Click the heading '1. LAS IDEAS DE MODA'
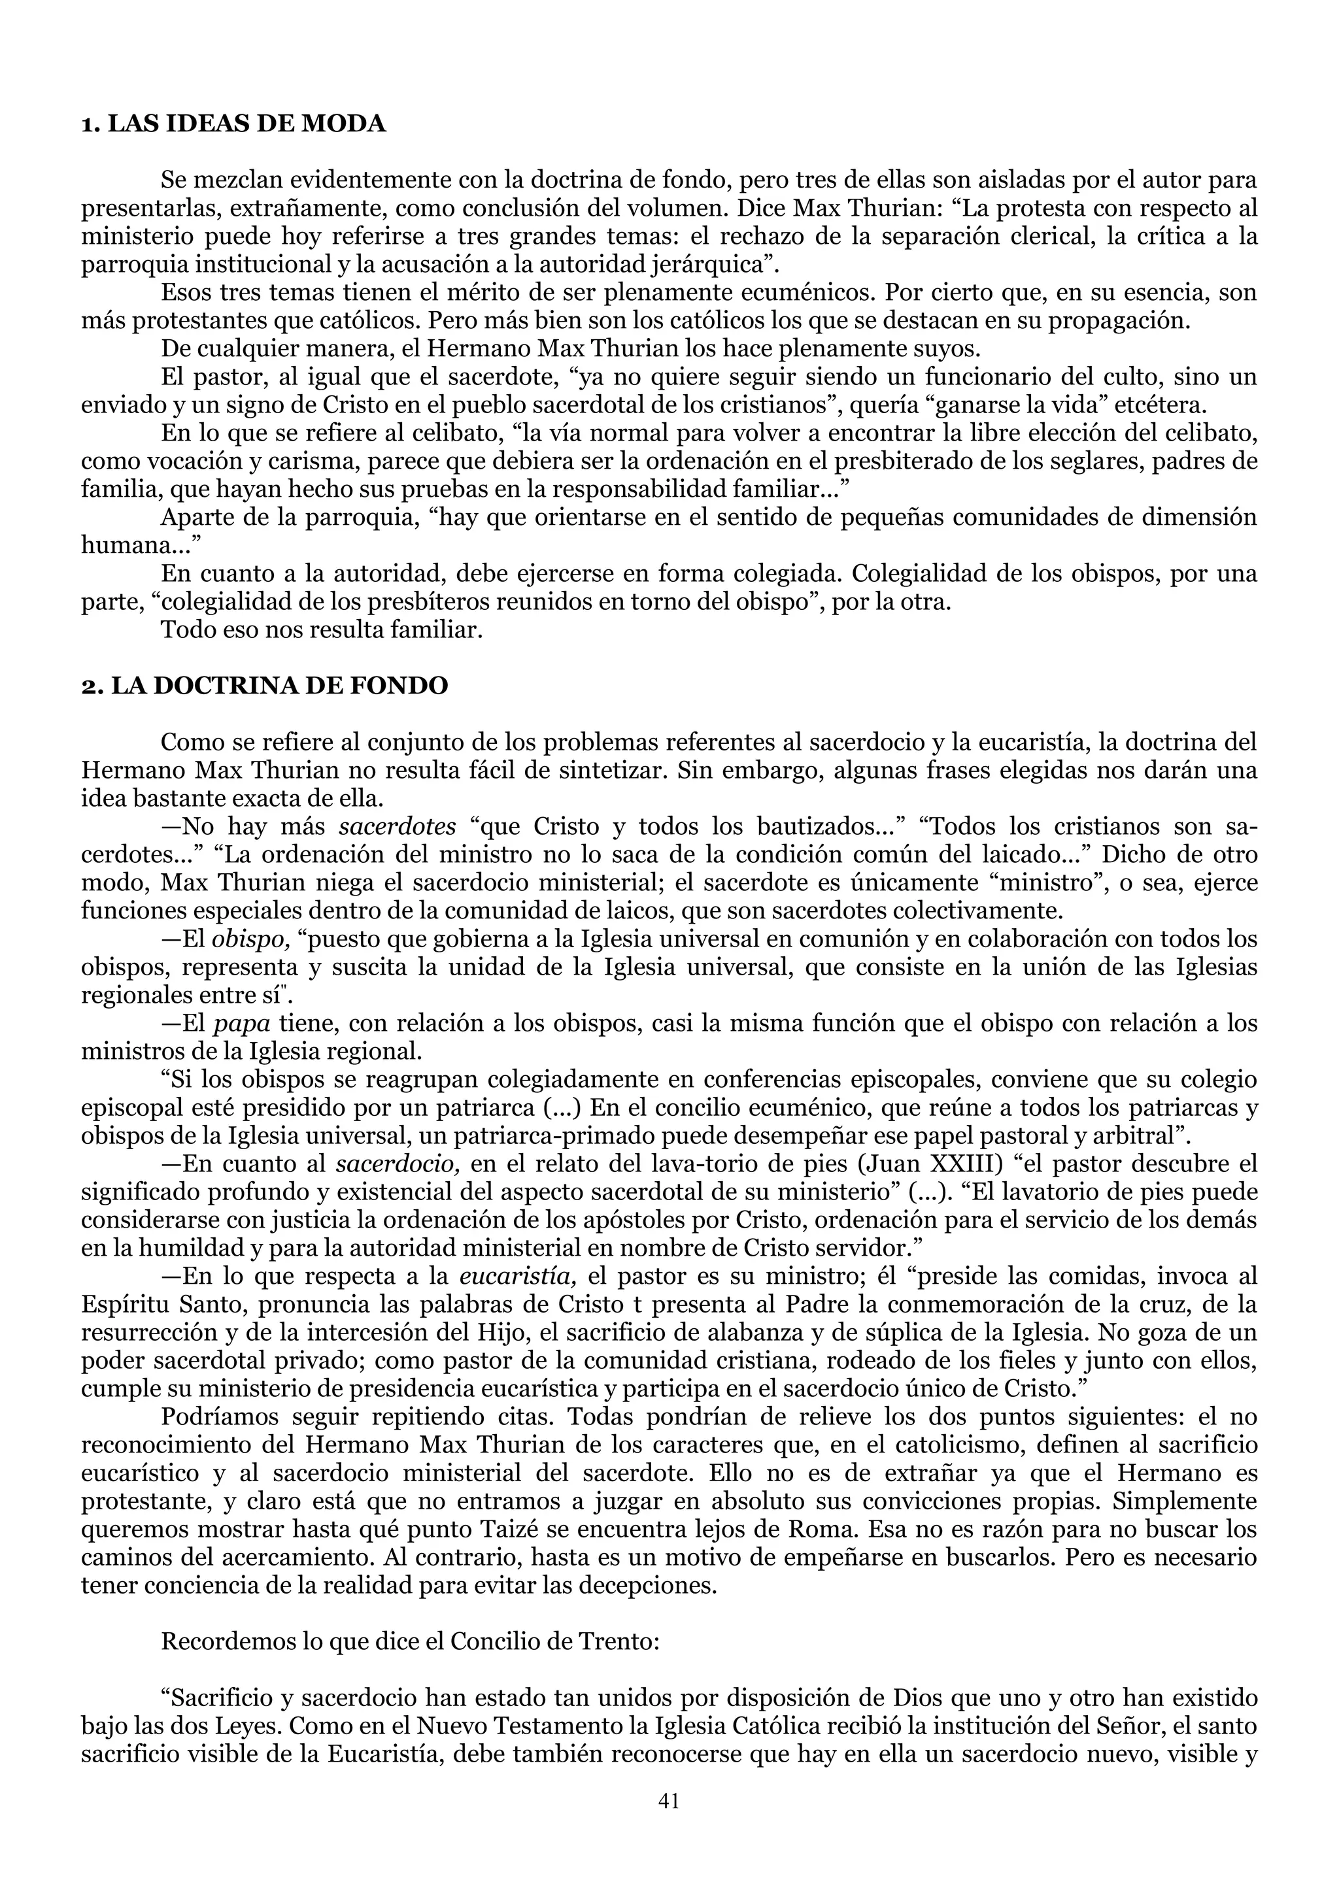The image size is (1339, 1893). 233,124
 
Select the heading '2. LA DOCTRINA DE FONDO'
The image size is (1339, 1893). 265,685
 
